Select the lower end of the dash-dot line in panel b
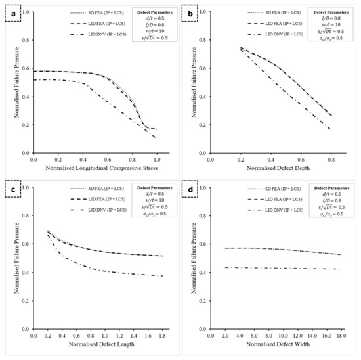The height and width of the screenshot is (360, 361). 330,129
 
